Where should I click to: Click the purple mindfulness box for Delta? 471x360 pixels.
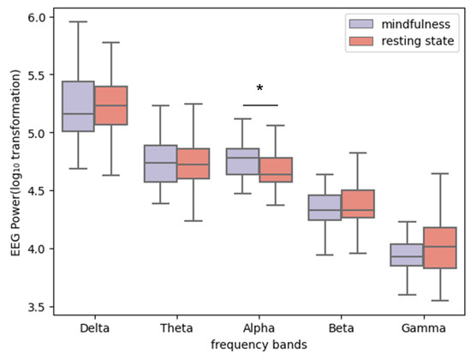79,106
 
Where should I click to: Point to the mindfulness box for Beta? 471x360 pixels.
324,207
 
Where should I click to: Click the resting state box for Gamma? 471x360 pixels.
438,248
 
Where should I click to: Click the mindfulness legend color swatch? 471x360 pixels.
359,23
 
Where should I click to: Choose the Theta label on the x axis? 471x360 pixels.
177,327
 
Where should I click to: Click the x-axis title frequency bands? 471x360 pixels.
259,344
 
